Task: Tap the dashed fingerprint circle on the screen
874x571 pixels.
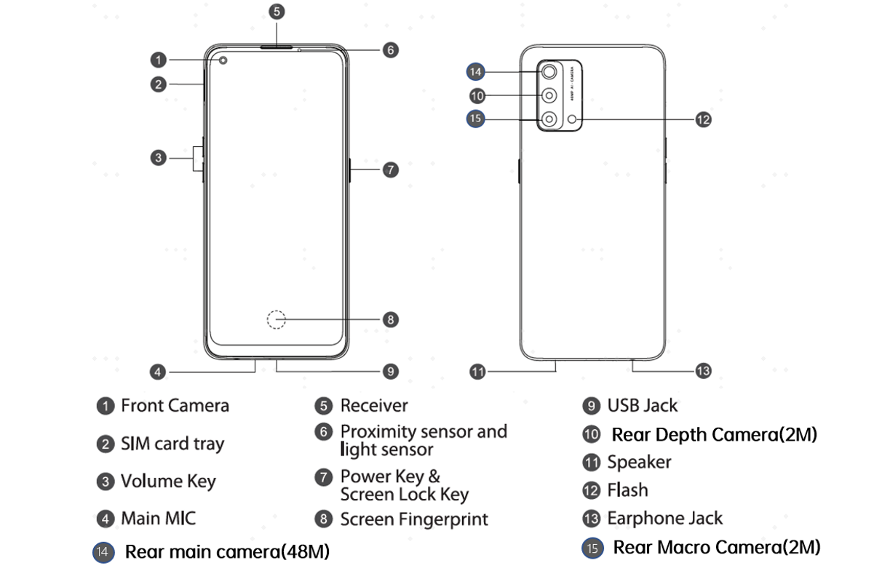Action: (277, 319)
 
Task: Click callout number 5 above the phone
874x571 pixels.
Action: (276, 12)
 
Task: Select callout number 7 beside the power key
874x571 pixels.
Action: (391, 169)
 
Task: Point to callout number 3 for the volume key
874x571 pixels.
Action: (159, 157)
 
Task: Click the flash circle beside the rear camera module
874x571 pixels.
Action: (575, 119)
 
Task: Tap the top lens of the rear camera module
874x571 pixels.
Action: (549, 71)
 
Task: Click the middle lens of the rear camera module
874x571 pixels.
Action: (549, 95)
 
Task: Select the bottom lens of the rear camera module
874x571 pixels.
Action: (549, 119)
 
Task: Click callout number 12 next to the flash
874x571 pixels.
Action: (703, 120)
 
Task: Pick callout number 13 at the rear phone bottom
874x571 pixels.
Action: (703, 371)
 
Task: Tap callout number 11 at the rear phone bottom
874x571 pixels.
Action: (477, 372)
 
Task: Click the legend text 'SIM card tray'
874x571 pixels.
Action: (172, 444)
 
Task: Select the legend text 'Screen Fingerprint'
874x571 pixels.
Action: (414, 519)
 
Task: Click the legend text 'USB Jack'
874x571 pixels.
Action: (643, 405)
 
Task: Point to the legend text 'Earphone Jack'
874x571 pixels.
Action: (665, 519)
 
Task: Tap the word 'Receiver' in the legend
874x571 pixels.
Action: (374, 405)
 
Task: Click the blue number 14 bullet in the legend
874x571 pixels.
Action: (103, 552)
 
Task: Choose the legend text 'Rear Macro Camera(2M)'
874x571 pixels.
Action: (717, 547)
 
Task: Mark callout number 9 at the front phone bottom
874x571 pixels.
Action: (391, 371)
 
